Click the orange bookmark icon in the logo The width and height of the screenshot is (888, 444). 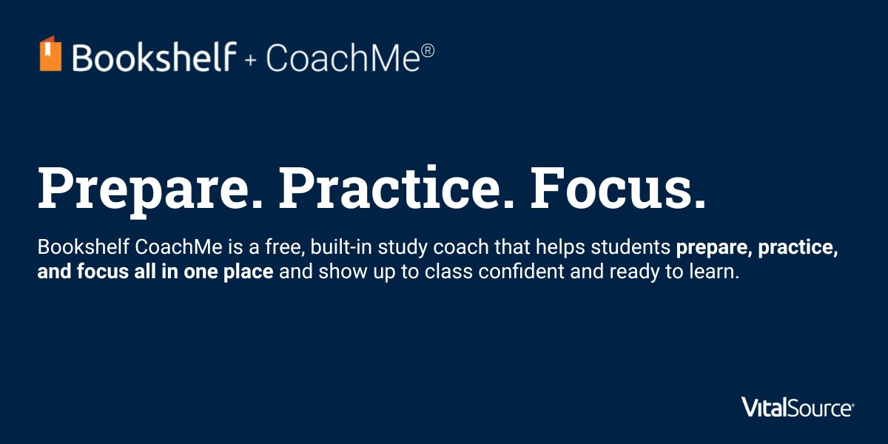tap(50, 53)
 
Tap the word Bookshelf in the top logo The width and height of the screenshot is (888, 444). tap(154, 57)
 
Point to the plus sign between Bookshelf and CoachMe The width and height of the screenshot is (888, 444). tap(251, 60)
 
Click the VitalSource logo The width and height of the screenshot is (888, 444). tap(798, 407)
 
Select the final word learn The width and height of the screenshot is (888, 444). tap(716, 272)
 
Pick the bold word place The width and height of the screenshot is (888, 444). tap(249, 272)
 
